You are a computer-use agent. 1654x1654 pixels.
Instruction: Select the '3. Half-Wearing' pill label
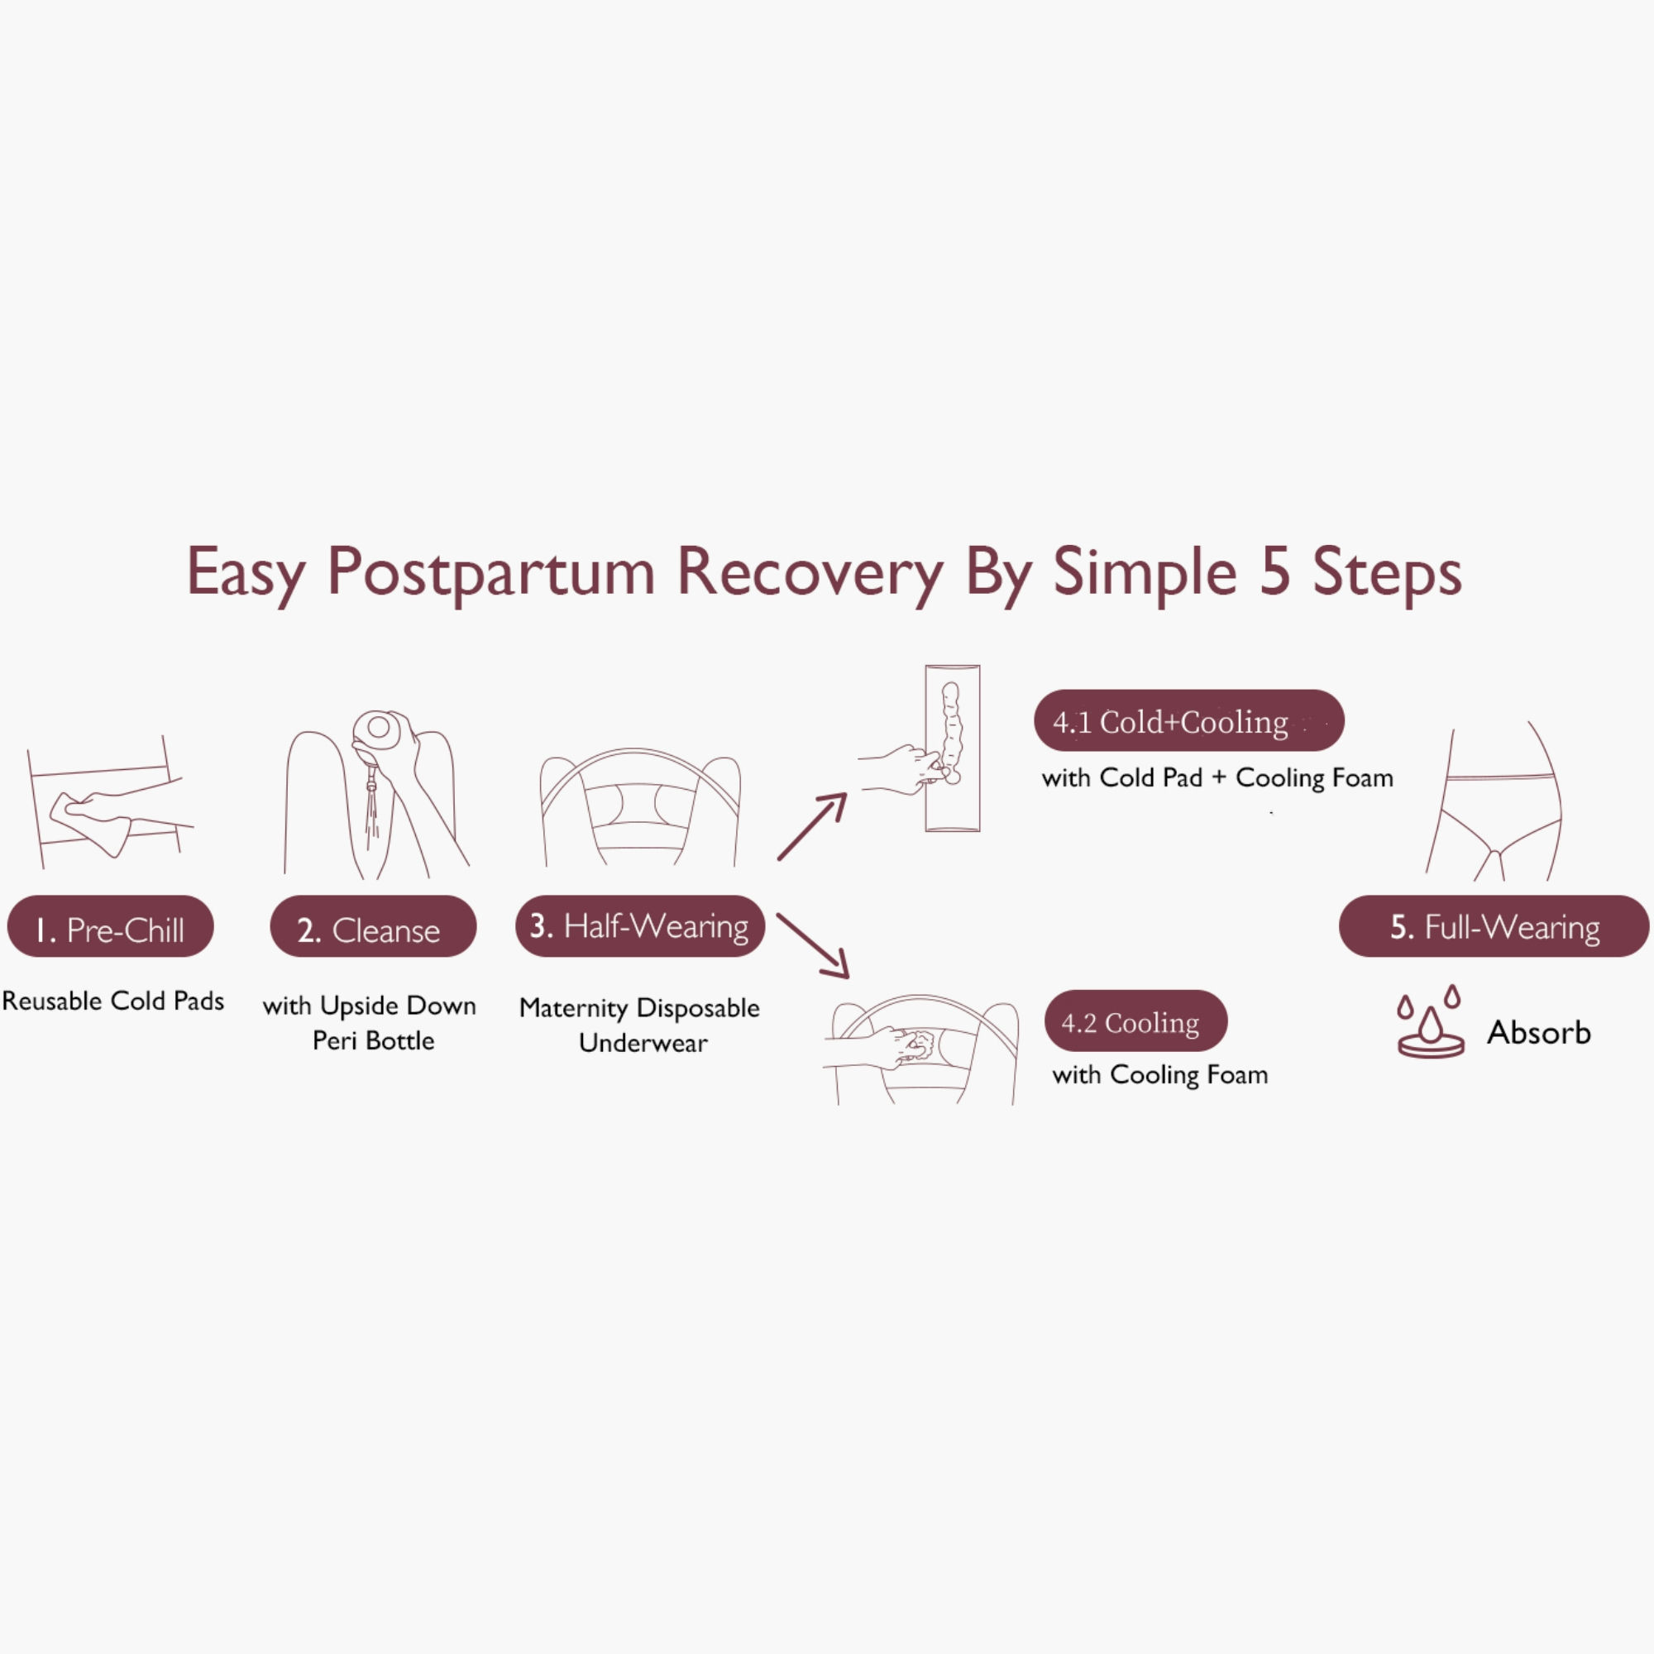(x=639, y=926)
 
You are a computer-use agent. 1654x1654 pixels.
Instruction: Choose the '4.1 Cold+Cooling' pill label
(x=1188, y=722)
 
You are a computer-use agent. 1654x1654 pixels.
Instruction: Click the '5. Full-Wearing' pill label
(x=1494, y=927)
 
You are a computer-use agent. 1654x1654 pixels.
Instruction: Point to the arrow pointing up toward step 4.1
(x=811, y=827)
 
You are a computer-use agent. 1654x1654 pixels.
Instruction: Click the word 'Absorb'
(x=1538, y=1032)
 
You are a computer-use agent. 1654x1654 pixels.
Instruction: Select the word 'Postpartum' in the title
(x=490, y=572)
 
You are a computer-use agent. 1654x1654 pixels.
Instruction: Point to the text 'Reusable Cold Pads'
(x=113, y=1001)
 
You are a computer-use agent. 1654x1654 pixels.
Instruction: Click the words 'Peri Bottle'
(x=373, y=1040)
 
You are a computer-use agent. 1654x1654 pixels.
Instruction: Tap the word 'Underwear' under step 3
(x=643, y=1043)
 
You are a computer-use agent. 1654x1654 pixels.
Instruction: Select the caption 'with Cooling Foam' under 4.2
(x=1160, y=1074)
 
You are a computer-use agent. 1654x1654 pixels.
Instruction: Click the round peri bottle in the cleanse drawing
(x=378, y=730)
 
